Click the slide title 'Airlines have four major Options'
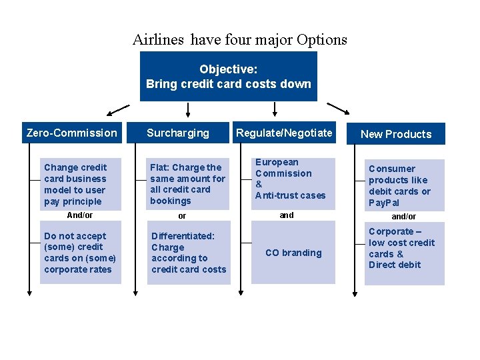click(x=239, y=39)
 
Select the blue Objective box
click(x=228, y=76)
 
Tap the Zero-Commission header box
click(x=71, y=133)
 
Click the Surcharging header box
click(x=178, y=133)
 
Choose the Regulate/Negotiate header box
click(x=284, y=133)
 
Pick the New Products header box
click(x=396, y=134)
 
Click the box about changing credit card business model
click(x=80, y=184)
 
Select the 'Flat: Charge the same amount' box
click(x=188, y=183)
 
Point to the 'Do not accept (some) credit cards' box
click(x=80, y=253)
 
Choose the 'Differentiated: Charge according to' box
click(x=189, y=253)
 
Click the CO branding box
click(x=293, y=253)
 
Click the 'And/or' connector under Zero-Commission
click(x=80, y=215)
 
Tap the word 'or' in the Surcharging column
click(x=182, y=216)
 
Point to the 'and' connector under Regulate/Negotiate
click(x=287, y=215)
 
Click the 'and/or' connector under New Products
click(x=403, y=217)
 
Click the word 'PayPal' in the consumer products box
click(x=384, y=203)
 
